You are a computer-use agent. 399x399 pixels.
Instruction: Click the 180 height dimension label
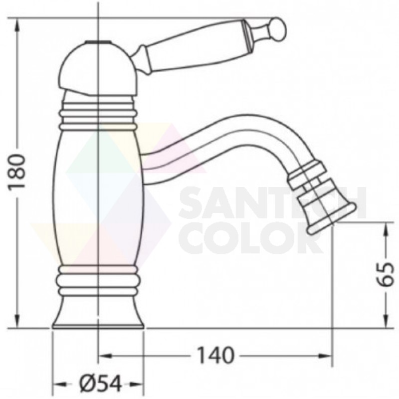17,171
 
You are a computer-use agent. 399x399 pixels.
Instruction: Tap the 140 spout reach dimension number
215,355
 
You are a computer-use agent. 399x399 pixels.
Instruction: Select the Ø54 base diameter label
101,384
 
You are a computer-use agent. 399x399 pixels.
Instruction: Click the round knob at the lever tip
279,29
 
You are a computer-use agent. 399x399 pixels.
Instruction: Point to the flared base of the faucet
98,313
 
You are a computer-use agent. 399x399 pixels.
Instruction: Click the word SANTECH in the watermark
273,203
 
